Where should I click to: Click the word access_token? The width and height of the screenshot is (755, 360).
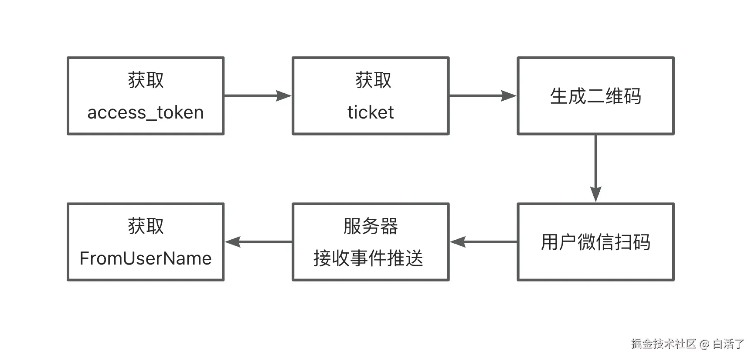145,113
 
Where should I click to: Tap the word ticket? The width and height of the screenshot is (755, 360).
371,113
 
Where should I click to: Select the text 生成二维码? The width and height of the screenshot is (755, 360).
595,96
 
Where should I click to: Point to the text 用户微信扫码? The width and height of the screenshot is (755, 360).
595,242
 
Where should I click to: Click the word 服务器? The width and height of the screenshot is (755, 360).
371,226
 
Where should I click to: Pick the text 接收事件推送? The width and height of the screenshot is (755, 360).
368,258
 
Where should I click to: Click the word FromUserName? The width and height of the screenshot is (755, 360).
145,258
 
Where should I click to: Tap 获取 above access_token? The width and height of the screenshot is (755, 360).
146,80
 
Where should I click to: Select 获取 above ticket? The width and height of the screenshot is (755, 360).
373,80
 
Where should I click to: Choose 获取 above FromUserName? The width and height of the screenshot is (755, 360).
146,226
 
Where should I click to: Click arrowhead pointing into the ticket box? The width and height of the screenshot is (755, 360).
284,96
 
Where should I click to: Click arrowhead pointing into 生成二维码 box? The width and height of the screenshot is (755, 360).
509,96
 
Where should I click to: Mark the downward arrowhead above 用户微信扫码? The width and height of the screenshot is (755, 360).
595,194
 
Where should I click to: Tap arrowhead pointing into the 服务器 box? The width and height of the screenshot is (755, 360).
458,242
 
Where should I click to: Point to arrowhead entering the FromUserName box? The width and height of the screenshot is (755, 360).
233,242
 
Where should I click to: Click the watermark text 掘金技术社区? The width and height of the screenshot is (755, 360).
663,344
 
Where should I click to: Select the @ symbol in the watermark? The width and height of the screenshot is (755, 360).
704,344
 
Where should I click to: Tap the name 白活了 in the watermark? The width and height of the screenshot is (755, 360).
728,344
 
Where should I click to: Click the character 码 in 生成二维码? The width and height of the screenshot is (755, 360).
633,96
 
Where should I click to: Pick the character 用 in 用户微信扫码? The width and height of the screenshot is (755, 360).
550,242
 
